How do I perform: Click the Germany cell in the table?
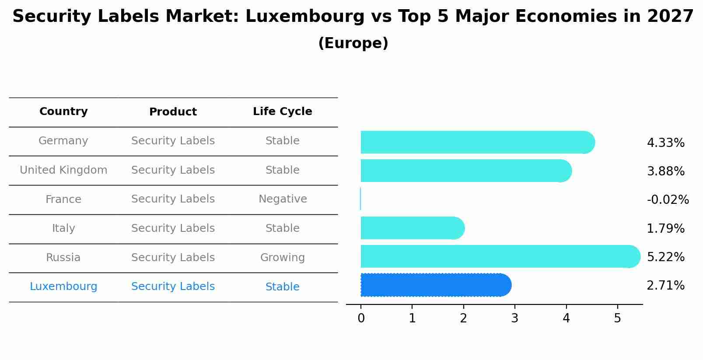[x=63, y=141]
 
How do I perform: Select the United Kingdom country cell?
[x=63, y=170]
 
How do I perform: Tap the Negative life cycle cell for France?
[x=283, y=199]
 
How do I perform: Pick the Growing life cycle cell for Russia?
[x=283, y=258]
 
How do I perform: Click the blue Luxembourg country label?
[x=63, y=287]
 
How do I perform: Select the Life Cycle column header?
[x=283, y=112]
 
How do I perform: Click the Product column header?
[x=173, y=112]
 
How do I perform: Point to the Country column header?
[x=63, y=112]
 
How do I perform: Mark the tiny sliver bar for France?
[x=360, y=199]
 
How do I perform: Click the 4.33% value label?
[x=665, y=143]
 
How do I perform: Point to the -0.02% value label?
[x=668, y=200]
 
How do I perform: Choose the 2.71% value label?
[x=665, y=286]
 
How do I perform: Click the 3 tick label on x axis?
[x=515, y=318]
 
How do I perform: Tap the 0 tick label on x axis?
[x=361, y=318]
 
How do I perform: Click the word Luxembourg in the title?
[x=304, y=17]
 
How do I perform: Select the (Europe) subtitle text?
[x=353, y=43]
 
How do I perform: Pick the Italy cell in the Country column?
[x=63, y=228]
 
